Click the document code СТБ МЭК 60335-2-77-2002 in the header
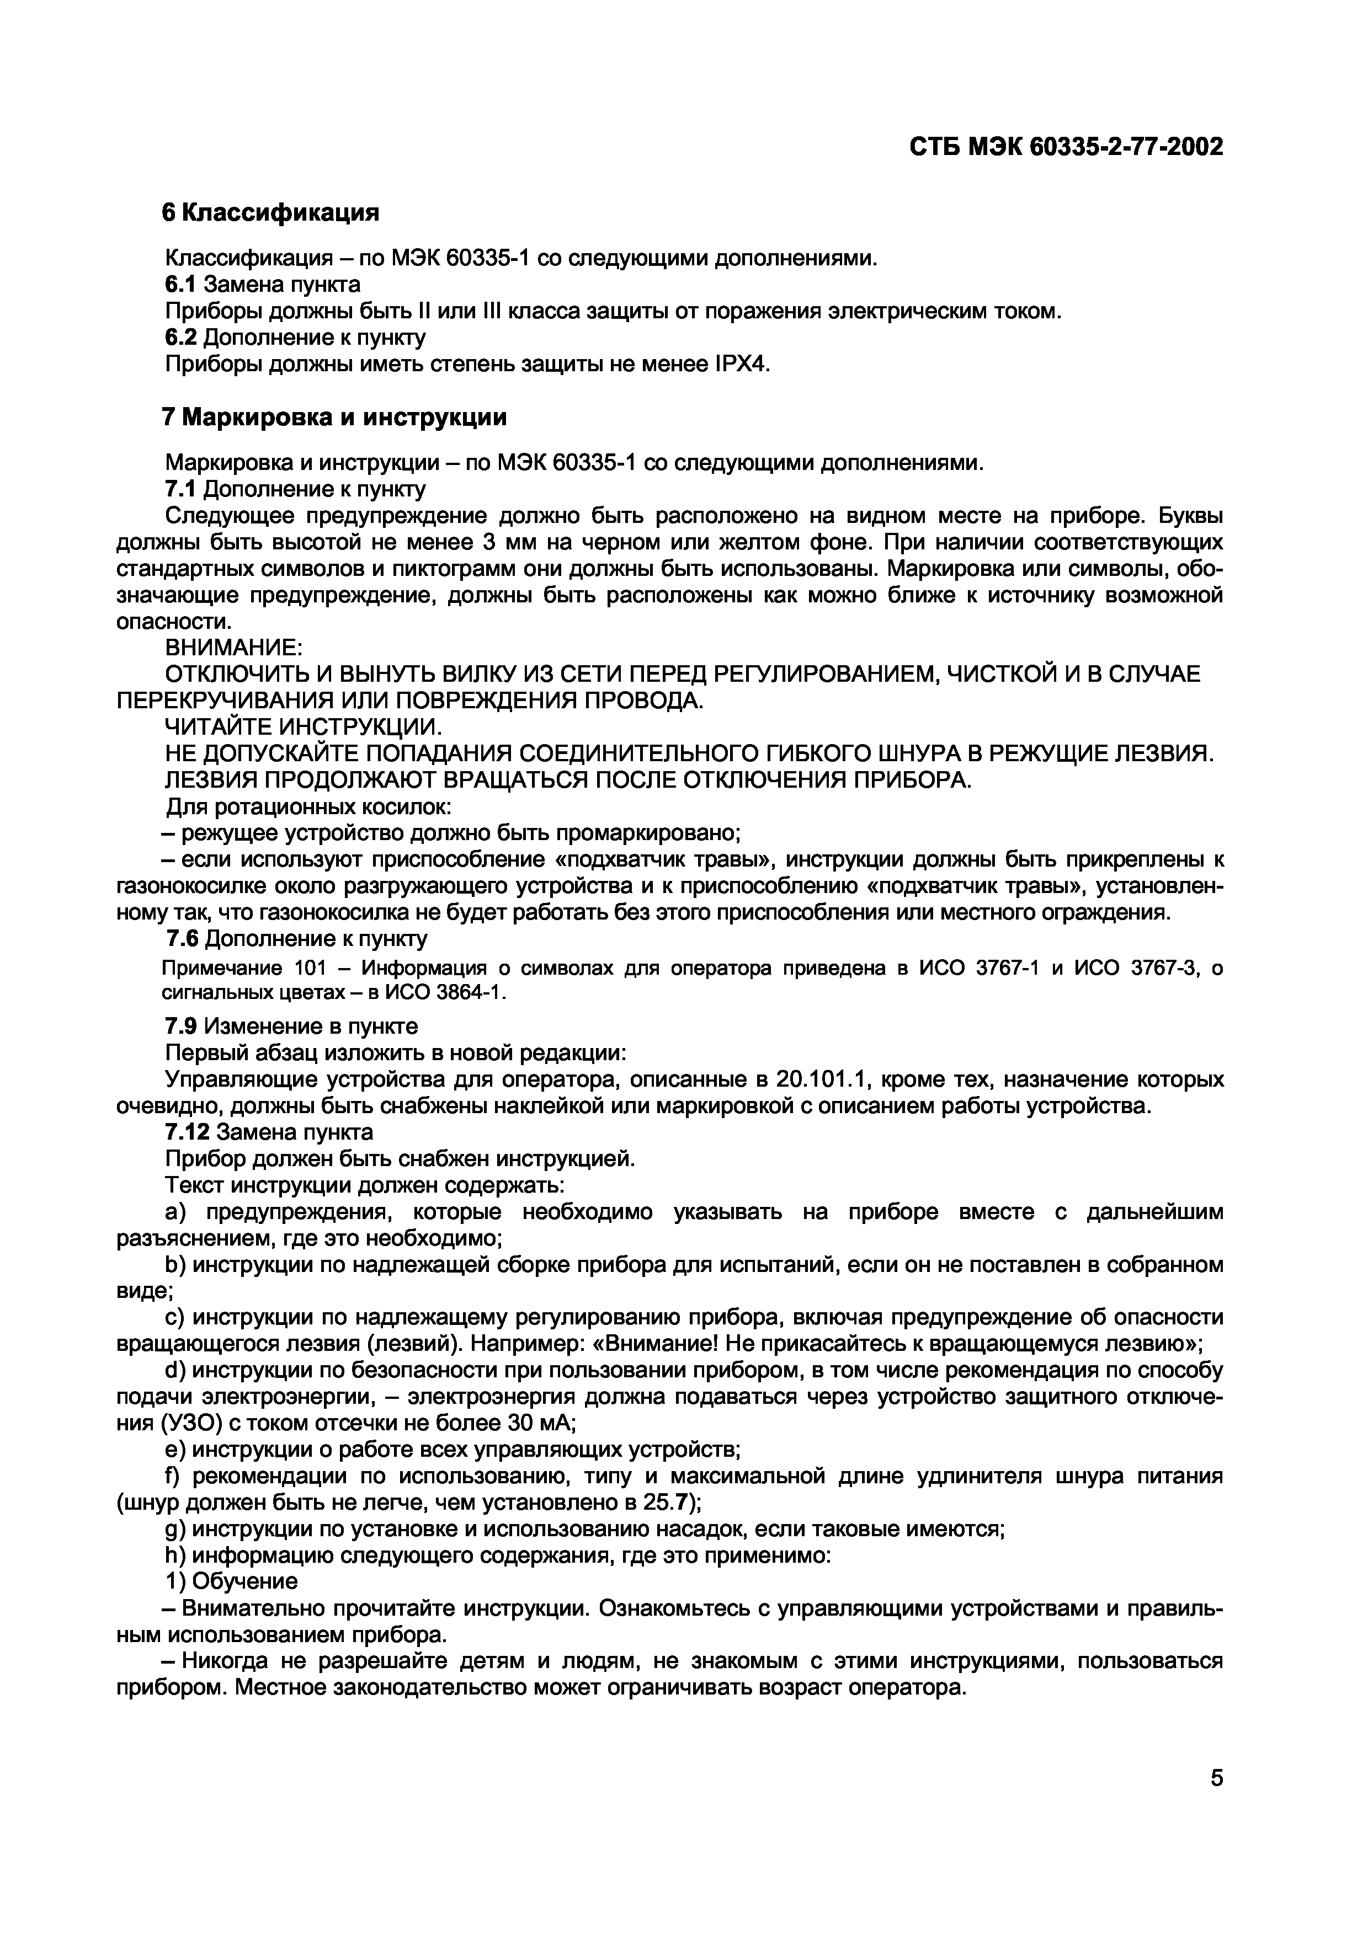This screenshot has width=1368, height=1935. point(1066,147)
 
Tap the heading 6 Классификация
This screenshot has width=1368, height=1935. point(270,212)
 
